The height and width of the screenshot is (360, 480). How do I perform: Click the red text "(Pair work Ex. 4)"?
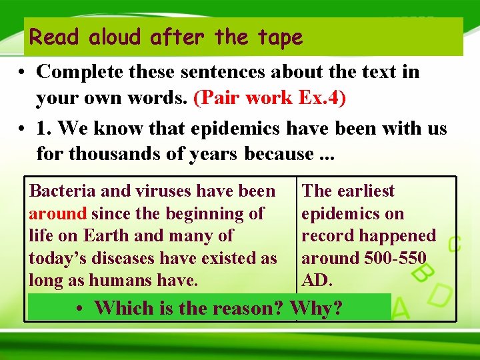[x=269, y=97]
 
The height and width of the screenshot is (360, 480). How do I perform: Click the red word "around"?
[x=58, y=214]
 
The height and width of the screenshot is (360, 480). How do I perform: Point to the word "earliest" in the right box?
[x=365, y=191]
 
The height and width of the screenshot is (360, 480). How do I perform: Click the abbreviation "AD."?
[x=317, y=281]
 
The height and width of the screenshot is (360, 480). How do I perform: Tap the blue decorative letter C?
[x=454, y=244]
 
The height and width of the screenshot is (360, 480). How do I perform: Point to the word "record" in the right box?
[x=329, y=236]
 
